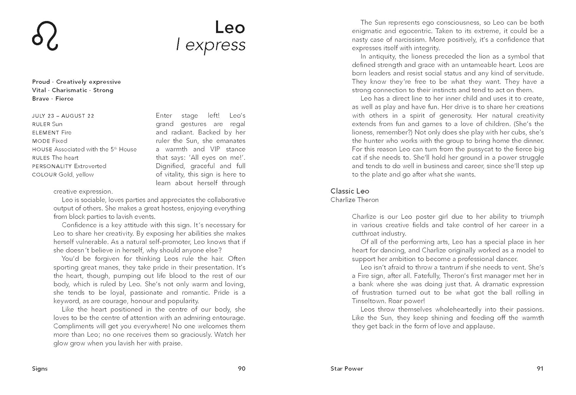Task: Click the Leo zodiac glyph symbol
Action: coord(45,36)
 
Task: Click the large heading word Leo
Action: coord(230,27)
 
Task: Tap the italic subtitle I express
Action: coord(210,45)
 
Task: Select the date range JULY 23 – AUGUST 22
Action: coord(63,116)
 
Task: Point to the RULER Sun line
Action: coord(47,124)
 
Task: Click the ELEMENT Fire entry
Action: coord(52,133)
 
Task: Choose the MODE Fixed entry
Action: coord(50,141)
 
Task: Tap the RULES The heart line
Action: coord(55,158)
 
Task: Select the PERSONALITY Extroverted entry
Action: coord(69,166)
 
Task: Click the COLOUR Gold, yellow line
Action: coord(63,174)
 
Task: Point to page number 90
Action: coord(242,368)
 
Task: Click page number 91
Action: coord(540,368)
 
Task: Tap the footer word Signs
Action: coord(40,368)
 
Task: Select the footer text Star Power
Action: coord(347,368)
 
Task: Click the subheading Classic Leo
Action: coord(350,191)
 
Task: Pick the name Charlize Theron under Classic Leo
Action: coord(354,200)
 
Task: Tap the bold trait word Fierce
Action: coord(64,99)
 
